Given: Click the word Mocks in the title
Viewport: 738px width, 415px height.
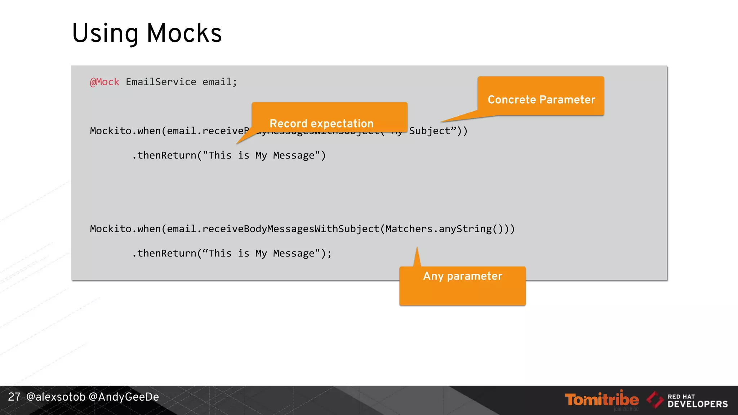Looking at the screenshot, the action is click(184, 33).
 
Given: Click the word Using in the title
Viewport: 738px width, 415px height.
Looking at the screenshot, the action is click(105, 34).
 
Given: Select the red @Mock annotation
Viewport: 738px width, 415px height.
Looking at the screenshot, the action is click(105, 82).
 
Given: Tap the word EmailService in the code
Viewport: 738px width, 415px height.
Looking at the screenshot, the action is click(161, 82).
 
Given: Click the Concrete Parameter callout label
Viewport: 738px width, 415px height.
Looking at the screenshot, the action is click(541, 99).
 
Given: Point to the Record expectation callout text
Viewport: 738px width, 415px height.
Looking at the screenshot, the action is click(321, 124).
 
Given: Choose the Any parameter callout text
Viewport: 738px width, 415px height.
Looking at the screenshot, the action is click(462, 276).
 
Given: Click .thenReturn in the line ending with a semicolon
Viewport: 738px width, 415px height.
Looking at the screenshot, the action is click(164, 254).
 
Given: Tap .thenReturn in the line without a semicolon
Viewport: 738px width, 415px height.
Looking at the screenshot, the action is click(164, 156).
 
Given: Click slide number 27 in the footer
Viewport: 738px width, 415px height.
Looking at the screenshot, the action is click(14, 397).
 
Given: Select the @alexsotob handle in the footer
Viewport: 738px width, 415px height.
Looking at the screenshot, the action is click(56, 397).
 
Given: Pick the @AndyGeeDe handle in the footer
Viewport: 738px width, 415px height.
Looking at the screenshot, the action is click(124, 397).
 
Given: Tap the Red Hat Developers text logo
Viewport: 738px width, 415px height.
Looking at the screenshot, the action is click(697, 401).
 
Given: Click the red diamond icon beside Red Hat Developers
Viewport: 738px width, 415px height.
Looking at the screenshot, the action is click(655, 400).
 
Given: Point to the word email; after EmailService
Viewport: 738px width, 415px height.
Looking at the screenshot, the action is click(219, 82).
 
